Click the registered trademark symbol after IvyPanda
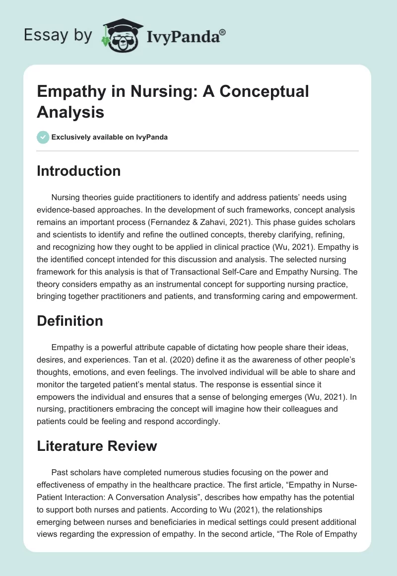222,31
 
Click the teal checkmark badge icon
43,137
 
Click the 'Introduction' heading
78,171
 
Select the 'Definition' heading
70,321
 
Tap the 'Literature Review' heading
97,446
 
